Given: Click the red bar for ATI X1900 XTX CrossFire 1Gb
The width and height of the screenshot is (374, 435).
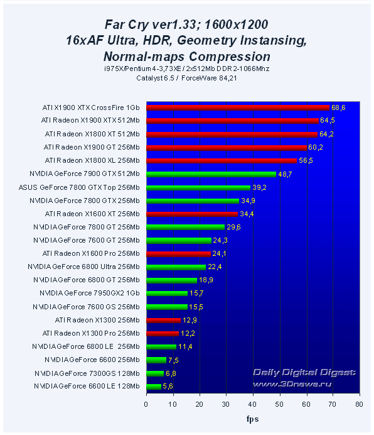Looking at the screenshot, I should pyautogui.click(x=238, y=107).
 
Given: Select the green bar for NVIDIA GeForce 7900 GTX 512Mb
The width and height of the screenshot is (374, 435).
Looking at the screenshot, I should pyautogui.click(x=211, y=173).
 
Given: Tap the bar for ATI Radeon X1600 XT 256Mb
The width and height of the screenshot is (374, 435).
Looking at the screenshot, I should pyautogui.click(x=192, y=214).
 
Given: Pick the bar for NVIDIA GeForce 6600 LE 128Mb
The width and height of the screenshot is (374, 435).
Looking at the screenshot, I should pyautogui.click(x=154, y=386).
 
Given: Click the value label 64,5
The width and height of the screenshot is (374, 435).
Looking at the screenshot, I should pyautogui.click(x=328, y=120).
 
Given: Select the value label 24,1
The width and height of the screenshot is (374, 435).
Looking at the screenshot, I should pyautogui.click(x=220, y=254).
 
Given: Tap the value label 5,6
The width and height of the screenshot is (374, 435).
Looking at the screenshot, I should pyautogui.click(x=168, y=386).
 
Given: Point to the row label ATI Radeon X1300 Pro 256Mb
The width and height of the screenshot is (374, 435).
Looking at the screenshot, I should pyautogui.click(x=91, y=333).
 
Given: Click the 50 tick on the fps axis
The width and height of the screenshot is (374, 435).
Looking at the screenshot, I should pyautogui.click(x=279, y=405).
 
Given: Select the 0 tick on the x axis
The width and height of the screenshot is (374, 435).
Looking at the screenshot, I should pyautogui.click(x=146, y=405).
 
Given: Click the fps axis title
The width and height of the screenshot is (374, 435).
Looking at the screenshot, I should pyautogui.click(x=252, y=418).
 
